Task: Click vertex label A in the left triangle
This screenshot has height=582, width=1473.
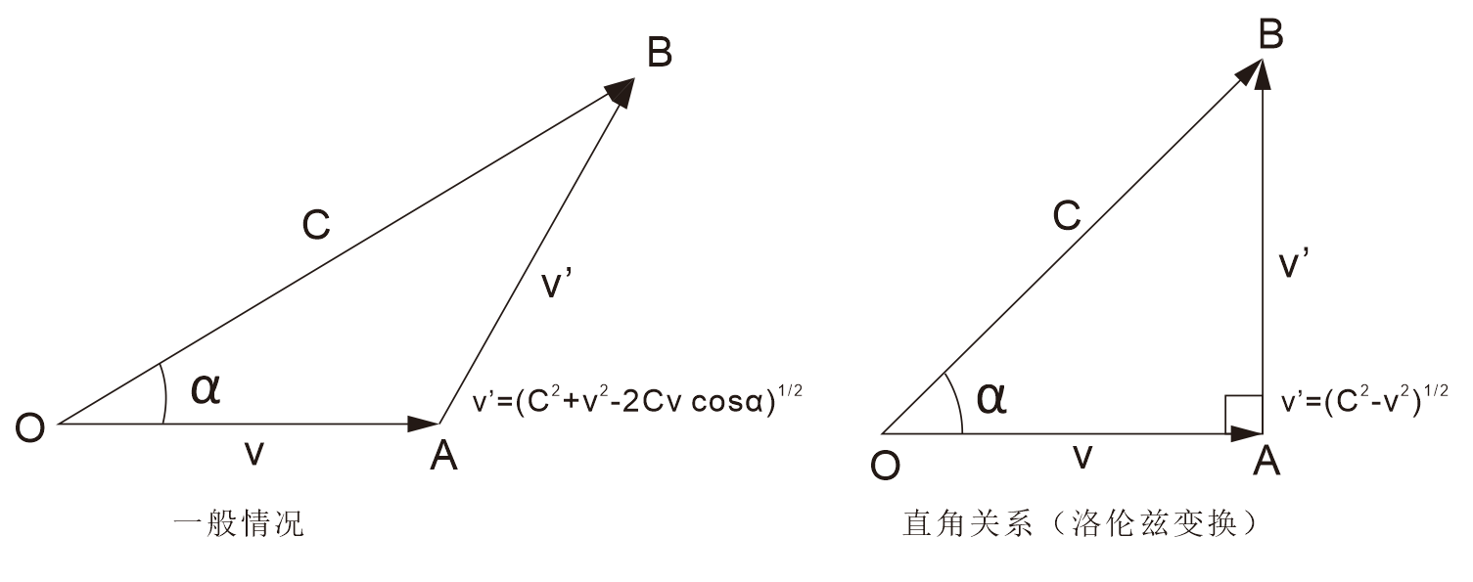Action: click(x=443, y=455)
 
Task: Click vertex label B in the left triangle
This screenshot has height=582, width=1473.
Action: click(x=660, y=53)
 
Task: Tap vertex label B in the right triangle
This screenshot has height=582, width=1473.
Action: click(x=1270, y=34)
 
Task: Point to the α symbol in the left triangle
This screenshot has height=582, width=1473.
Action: click(x=207, y=389)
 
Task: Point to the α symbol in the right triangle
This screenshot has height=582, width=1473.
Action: click(x=991, y=398)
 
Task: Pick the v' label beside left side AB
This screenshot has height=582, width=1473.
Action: click(x=558, y=285)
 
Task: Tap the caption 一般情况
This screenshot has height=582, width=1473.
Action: click(x=238, y=525)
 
